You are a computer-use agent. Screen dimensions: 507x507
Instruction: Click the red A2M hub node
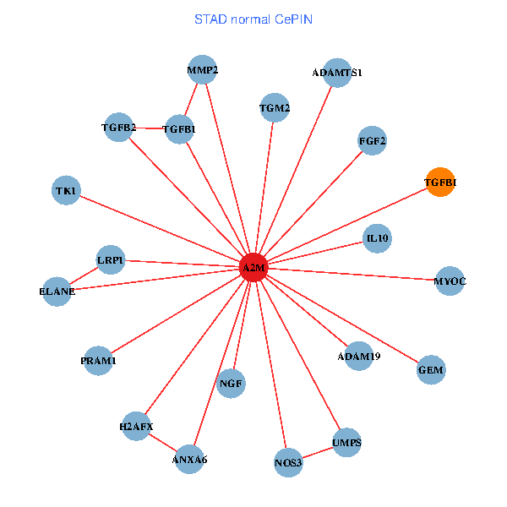click(253, 268)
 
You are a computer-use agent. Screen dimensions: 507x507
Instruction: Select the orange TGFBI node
click(439, 183)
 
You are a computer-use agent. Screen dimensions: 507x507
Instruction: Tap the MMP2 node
click(203, 70)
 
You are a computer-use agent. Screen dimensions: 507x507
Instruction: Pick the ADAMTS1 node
click(337, 73)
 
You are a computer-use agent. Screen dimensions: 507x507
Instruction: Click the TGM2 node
click(275, 108)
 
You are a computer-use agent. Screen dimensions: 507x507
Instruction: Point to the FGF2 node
click(372, 140)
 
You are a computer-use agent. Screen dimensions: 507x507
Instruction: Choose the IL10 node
click(377, 238)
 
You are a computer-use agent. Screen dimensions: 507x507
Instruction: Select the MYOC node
click(450, 281)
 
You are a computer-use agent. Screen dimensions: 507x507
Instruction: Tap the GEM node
click(431, 370)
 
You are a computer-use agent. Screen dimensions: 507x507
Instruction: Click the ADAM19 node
click(358, 356)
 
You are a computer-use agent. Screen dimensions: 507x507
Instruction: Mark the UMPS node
click(346, 443)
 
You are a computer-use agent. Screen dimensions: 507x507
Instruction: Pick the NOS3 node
click(288, 462)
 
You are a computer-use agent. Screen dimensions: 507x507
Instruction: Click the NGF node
click(231, 384)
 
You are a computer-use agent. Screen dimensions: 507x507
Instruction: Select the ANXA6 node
click(189, 460)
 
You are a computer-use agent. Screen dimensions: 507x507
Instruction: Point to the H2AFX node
click(137, 426)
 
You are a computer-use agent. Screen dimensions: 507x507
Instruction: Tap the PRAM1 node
click(99, 361)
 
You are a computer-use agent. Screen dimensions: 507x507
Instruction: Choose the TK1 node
click(66, 191)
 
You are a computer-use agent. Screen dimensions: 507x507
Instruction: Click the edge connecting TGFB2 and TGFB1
click(149, 128)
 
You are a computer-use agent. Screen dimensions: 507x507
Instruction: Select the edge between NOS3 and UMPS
click(318, 453)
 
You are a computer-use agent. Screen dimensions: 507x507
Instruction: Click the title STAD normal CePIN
click(253, 19)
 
